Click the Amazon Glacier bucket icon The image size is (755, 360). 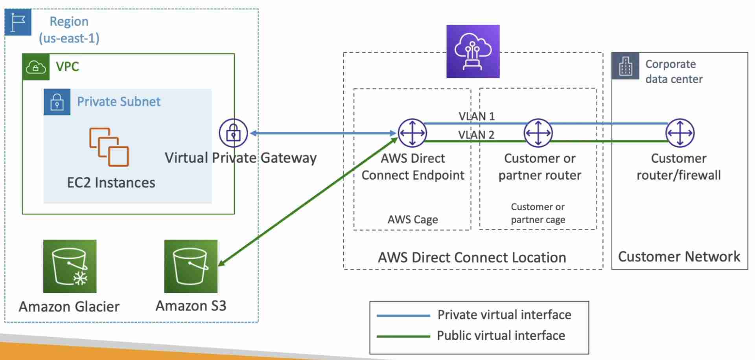point(70,266)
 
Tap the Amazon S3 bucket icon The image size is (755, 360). point(191,266)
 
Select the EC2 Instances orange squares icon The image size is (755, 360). point(109,147)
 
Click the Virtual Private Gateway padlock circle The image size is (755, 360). point(233,133)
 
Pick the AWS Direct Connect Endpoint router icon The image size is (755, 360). point(412,133)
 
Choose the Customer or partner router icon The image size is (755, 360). point(538,133)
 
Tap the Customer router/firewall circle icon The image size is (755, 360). point(680,133)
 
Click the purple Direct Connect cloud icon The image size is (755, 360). point(473,51)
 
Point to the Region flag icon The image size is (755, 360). point(18,22)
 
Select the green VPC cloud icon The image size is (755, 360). point(36,67)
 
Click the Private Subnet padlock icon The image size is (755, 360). point(57,102)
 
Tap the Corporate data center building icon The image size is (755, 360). point(625,66)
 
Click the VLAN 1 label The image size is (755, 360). point(477,116)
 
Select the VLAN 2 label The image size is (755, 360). point(476,135)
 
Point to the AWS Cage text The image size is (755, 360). point(412,219)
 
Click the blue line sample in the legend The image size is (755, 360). point(403,316)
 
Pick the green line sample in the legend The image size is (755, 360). point(403,336)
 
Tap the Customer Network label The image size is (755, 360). point(679,257)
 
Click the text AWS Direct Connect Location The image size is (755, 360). point(472,257)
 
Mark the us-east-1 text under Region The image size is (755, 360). point(69,39)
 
